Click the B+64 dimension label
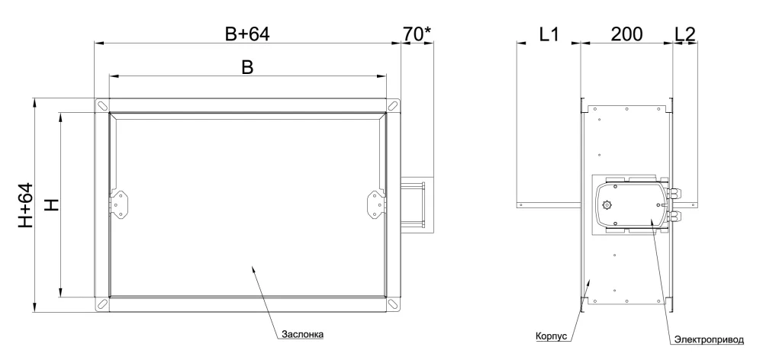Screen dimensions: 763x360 click(247, 34)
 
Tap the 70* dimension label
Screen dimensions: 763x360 click(417, 34)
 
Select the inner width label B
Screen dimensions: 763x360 click(248, 68)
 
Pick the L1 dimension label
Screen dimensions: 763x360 click(549, 34)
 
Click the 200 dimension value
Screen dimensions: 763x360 click(626, 34)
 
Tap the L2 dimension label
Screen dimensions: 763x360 click(685, 34)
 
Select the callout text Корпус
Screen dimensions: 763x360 click(552, 336)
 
